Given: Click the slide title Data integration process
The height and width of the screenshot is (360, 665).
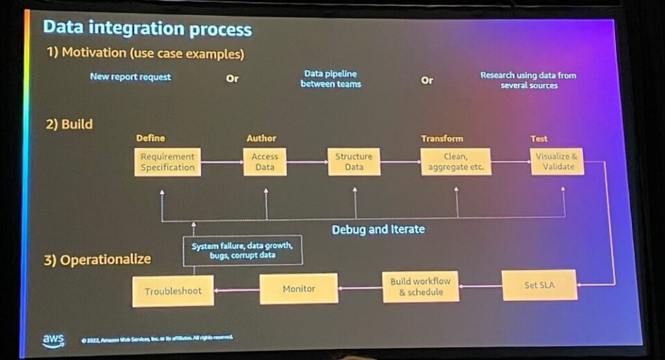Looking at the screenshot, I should pos(147,29).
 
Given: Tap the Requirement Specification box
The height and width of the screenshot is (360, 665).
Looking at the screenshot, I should pos(168,162).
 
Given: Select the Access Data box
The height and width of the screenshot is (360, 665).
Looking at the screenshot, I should pos(265,162).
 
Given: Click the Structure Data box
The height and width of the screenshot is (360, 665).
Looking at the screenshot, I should pos(353,162).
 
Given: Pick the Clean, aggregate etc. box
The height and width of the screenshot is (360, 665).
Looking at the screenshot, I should pos(455,162).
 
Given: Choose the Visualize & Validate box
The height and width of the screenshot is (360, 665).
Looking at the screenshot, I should pos(557,162).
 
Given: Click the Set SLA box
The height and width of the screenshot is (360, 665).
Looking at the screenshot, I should pos(540,285).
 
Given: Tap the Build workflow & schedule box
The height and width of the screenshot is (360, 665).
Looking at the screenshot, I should pos(420,287).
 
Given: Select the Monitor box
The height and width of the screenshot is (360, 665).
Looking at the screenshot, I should pos(299,288).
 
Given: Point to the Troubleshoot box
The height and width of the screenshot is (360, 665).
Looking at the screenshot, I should pos(172,291).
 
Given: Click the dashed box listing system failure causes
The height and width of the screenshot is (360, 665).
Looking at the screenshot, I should pos(242,251).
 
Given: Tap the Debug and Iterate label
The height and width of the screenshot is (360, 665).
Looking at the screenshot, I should pos(378,229).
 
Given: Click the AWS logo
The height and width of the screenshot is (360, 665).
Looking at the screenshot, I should pos(53,339).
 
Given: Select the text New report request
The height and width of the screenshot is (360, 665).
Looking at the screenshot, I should pos(130,77).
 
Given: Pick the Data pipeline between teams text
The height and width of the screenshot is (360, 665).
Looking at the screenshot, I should pos(330,78).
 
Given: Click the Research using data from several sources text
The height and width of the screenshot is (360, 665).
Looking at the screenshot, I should pos(529,80).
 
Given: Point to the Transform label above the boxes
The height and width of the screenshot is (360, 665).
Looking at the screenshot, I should pos(442,138).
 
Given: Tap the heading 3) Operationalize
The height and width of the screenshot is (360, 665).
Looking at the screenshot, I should pos(98,260).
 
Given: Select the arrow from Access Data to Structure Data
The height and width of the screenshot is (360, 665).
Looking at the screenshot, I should pos(306,163).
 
